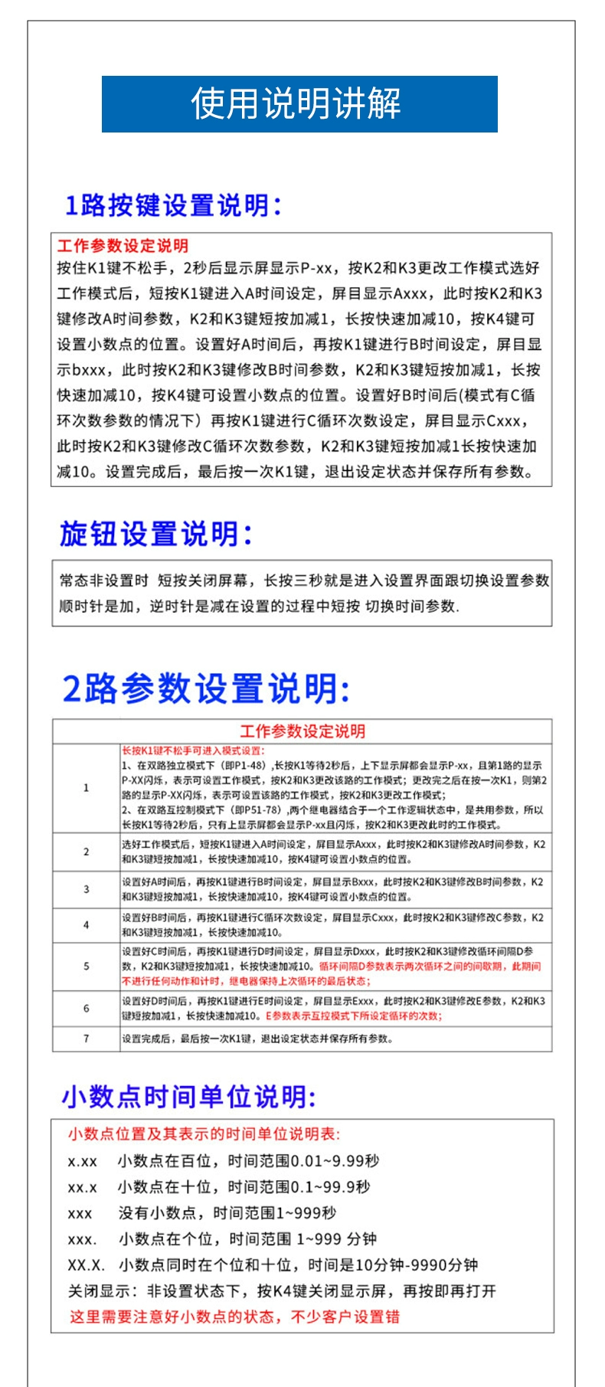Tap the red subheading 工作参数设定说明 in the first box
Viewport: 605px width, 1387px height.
pos(123,246)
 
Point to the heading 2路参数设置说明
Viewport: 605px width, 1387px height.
pos(205,688)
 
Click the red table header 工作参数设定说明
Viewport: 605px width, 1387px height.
pos(302,731)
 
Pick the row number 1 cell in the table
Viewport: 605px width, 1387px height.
pos(86,787)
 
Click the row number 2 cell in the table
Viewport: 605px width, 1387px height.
pos(86,852)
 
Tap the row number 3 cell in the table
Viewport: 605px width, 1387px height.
pos(86,889)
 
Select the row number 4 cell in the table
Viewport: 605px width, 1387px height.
pos(86,925)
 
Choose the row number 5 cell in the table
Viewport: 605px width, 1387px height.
pos(86,967)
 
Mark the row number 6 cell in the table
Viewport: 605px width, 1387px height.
pos(86,1009)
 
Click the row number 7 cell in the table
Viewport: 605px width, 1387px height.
pos(86,1039)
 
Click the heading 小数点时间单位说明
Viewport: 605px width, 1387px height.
pos(188,1097)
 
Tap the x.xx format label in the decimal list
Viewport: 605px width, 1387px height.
pos(83,1162)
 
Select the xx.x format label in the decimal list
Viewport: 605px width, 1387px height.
pos(83,1188)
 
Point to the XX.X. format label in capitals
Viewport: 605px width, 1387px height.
pos(86,1265)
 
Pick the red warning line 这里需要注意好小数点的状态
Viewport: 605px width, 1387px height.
pos(234,1317)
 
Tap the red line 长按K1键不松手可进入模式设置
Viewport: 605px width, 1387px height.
pos(193,751)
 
